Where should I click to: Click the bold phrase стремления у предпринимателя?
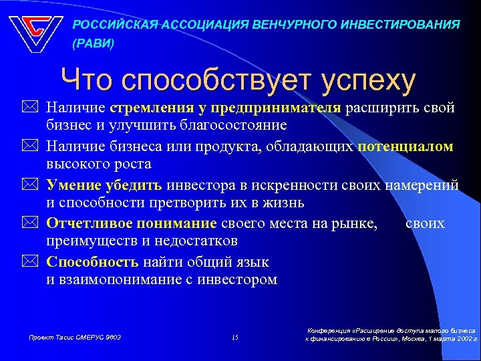point(226,108)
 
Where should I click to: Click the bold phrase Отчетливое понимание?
point(132,223)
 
